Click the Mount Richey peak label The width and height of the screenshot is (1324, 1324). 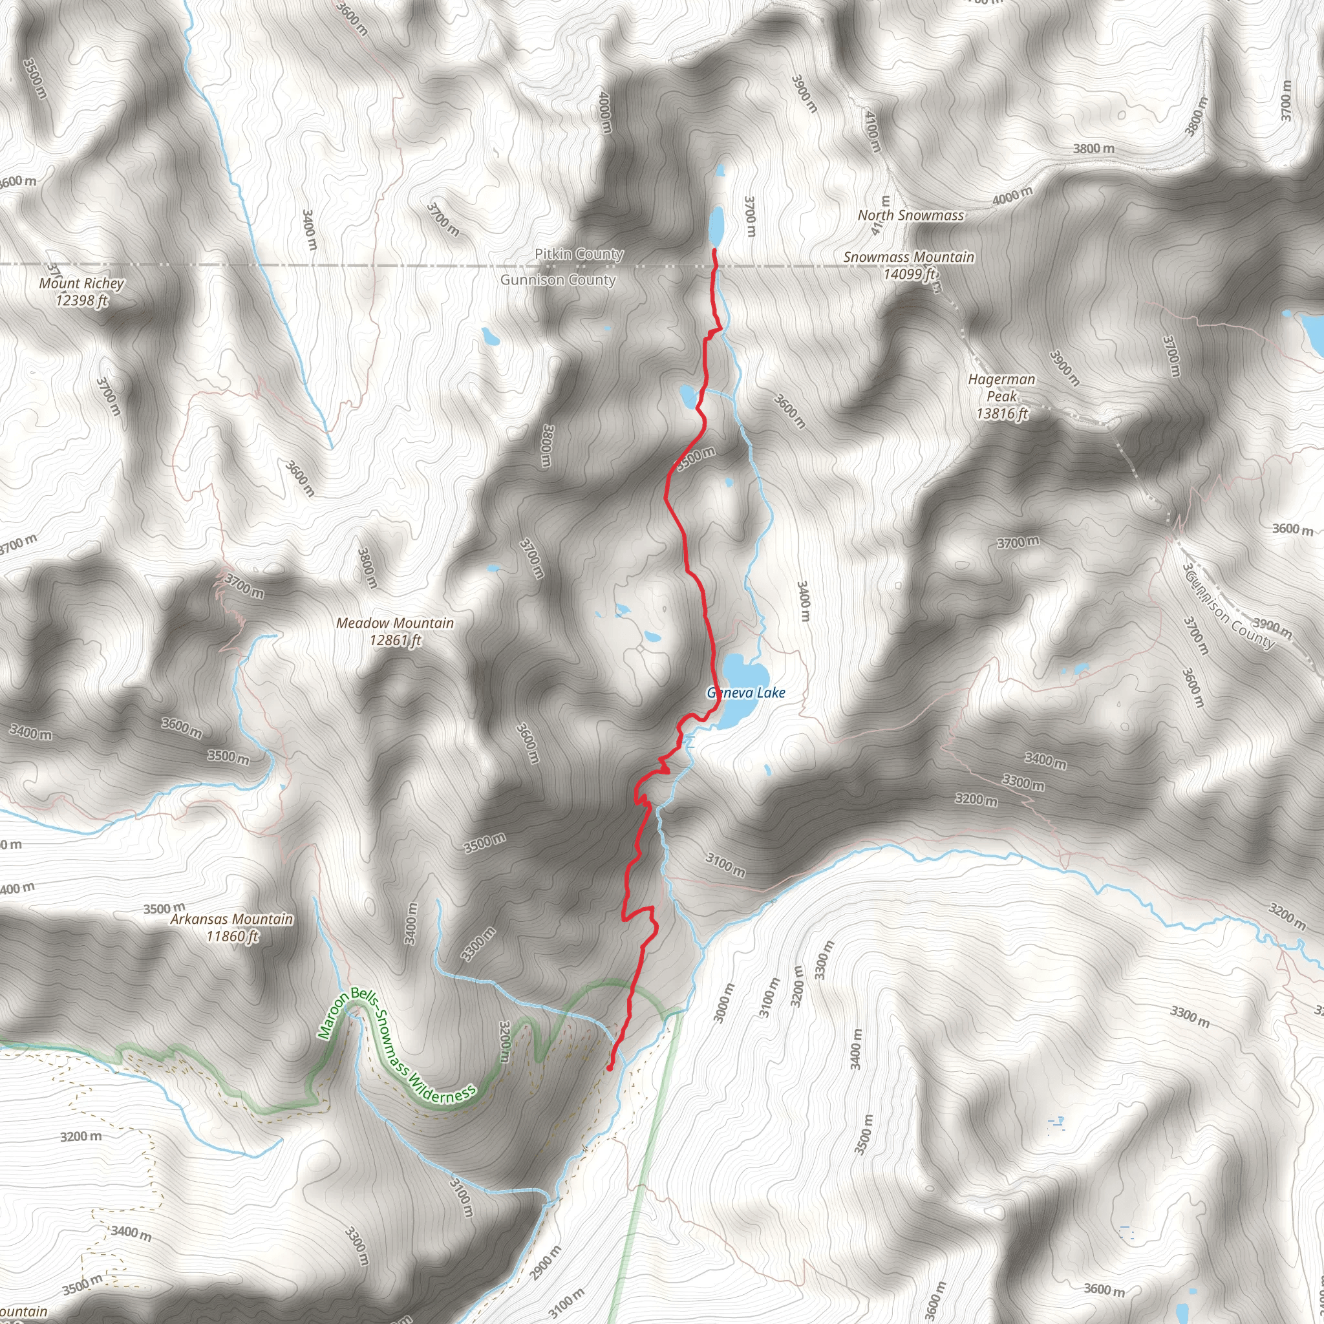tap(81, 284)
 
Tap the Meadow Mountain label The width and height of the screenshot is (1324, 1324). tap(395, 623)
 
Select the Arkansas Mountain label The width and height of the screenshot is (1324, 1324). tap(231, 919)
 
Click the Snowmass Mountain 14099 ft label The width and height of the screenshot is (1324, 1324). tap(909, 265)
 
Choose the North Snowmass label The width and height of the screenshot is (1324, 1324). tap(911, 215)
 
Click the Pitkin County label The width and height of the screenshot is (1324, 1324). tap(579, 254)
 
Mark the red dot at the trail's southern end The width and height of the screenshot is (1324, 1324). tap(609, 1067)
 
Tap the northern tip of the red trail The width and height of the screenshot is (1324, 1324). tap(714, 251)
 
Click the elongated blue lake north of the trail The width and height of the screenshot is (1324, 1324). tap(717, 226)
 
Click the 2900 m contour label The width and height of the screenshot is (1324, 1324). tap(546, 1263)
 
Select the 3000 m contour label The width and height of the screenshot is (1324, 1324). tap(723, 1003)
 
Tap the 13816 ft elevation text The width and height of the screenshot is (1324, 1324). tap(1002, 413)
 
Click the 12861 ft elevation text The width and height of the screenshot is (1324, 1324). tap(396, 640)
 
